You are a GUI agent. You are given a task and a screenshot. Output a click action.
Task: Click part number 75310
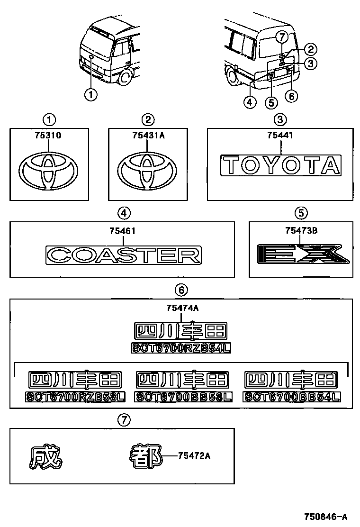(48, 135)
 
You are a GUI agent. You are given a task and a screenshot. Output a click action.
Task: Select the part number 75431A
(148, 135)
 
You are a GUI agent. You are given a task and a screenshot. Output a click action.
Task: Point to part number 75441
(280, 135)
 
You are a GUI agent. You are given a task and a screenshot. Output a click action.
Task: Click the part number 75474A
(182, 308)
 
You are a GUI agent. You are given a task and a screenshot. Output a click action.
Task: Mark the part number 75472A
(194, 456)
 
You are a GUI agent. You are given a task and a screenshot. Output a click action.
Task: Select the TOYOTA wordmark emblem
(280, 165)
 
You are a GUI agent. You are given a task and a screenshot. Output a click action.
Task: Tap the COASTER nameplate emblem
(123, 255)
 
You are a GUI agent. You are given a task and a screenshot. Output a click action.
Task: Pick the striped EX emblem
(302, 254)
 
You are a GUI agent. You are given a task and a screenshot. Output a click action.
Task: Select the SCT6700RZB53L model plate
(75, 397)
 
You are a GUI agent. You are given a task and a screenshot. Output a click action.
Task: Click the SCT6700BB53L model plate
(183, 397)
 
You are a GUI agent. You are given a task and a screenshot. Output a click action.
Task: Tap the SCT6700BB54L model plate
(292, 397)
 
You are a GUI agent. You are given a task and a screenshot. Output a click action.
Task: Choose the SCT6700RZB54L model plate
(181, 348)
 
